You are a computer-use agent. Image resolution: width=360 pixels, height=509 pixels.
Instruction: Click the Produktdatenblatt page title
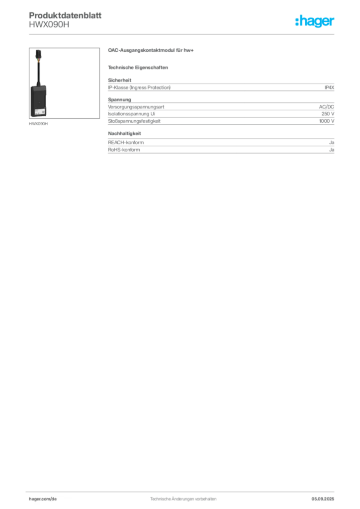point(65,15)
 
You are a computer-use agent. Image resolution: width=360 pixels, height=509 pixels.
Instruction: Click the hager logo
point(315,21)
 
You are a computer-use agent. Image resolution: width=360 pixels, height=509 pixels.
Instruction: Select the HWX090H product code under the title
point(49,25)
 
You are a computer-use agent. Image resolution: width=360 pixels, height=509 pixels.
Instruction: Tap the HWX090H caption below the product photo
point(38,124)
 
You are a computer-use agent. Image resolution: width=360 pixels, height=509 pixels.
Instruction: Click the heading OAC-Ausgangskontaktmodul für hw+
point(151,50)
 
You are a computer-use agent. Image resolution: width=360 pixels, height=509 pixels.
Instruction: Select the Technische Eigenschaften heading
point(138,68)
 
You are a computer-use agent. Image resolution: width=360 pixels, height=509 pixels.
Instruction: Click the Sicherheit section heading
point(120,80)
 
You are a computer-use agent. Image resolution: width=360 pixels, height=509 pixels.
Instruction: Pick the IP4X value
point(329,87)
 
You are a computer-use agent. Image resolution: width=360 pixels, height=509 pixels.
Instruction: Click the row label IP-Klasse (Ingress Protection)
point(139,87)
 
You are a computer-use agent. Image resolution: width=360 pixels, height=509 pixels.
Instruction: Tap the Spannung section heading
point(119,99)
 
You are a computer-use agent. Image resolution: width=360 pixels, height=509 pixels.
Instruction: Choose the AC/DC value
point(327,107)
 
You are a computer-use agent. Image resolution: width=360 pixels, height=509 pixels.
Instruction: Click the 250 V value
point(328,114)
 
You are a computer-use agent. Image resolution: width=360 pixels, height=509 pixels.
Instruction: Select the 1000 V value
point(327,121)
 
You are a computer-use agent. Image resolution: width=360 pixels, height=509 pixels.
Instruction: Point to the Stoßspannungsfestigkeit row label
point(134,121)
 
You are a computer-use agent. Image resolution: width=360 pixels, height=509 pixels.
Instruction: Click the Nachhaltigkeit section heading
point(125,133)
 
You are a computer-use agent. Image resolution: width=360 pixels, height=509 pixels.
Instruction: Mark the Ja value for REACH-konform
point(332,143)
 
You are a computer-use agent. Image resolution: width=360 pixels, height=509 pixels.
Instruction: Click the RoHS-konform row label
point(124,150)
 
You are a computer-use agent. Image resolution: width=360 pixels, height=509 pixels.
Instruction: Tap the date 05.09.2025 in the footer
point(323,499)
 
